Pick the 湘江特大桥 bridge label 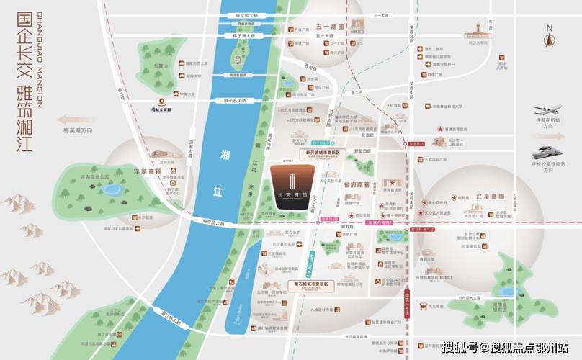pyautogui.click(x=174, y=315)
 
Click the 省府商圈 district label pyautogui.click(x=356, y=184)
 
